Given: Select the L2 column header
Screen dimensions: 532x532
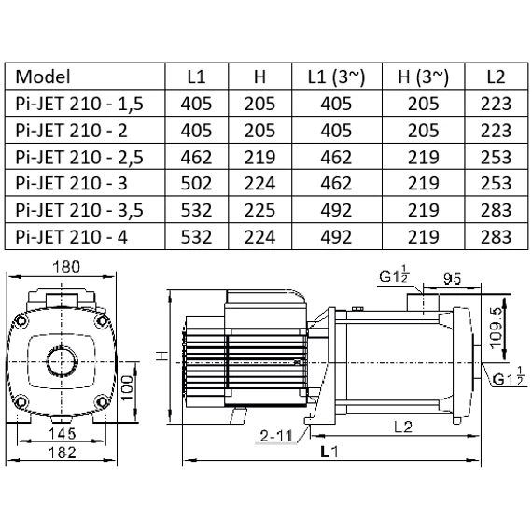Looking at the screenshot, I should point(496,77).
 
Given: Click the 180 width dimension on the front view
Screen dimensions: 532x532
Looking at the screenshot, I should point(66,267).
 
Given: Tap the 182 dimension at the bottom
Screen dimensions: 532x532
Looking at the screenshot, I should point(64,455).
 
